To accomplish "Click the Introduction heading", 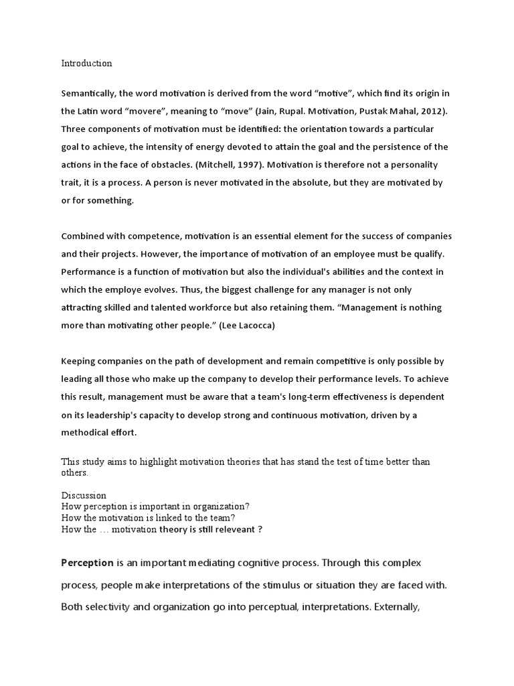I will [x=87, y=64].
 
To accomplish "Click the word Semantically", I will [x=89, y=92].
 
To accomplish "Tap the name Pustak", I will [x=363, y=111].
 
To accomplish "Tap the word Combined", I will [x=83, y=236].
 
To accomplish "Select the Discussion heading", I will [x=84, y=496].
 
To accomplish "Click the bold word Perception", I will [x=88, y=563].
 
